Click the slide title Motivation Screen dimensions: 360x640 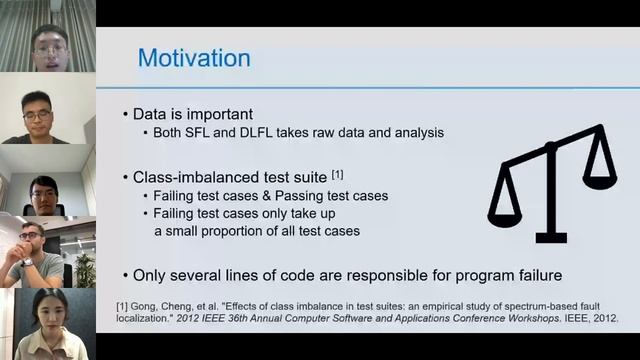(194, 57)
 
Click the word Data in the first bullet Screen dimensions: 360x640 (153, 114)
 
